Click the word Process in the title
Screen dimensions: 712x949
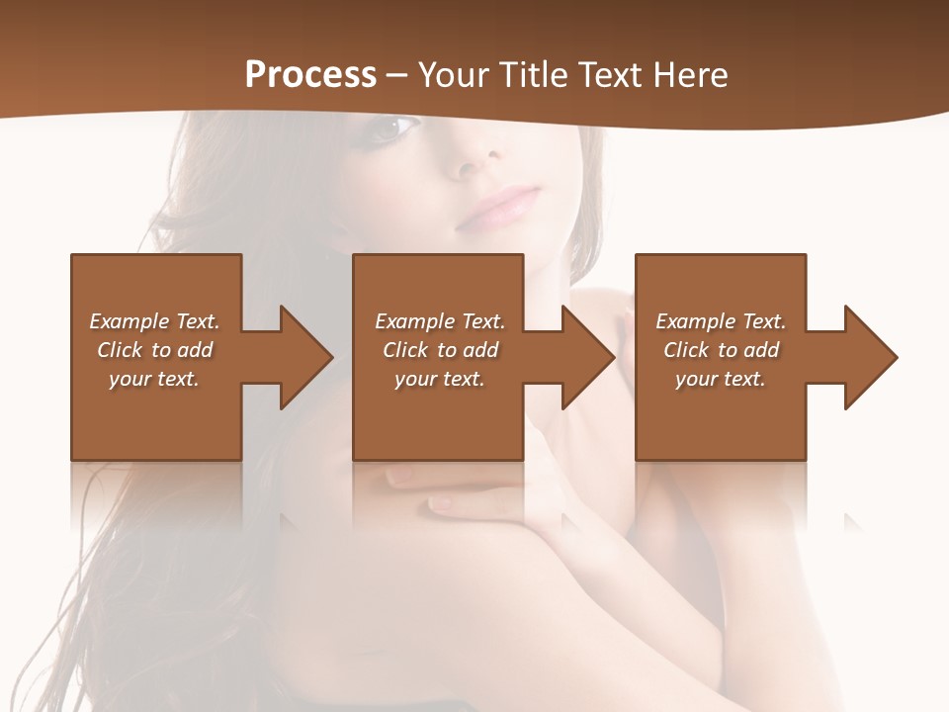click(x=310, y=75)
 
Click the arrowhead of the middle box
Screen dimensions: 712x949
click(x=587, y=357)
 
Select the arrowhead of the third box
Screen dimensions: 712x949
click(x=870, y=357)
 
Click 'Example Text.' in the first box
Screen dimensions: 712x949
click(x=154, y=321)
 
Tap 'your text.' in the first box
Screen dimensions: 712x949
click(x=154, y=379)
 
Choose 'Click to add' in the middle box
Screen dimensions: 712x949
click(x=440, y=350)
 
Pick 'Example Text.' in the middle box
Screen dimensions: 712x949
click(x=440, y=321)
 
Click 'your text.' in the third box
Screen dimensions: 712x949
click(x=721, y=379)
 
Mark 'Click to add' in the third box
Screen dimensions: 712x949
click(x=721, y=350)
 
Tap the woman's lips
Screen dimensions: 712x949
click(x=507, y=205)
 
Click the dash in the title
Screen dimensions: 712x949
click(x=397, y=75)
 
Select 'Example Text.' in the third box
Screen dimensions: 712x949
click(x=721, y=321)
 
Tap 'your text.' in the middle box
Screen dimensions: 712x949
click(x=440, y=379)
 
